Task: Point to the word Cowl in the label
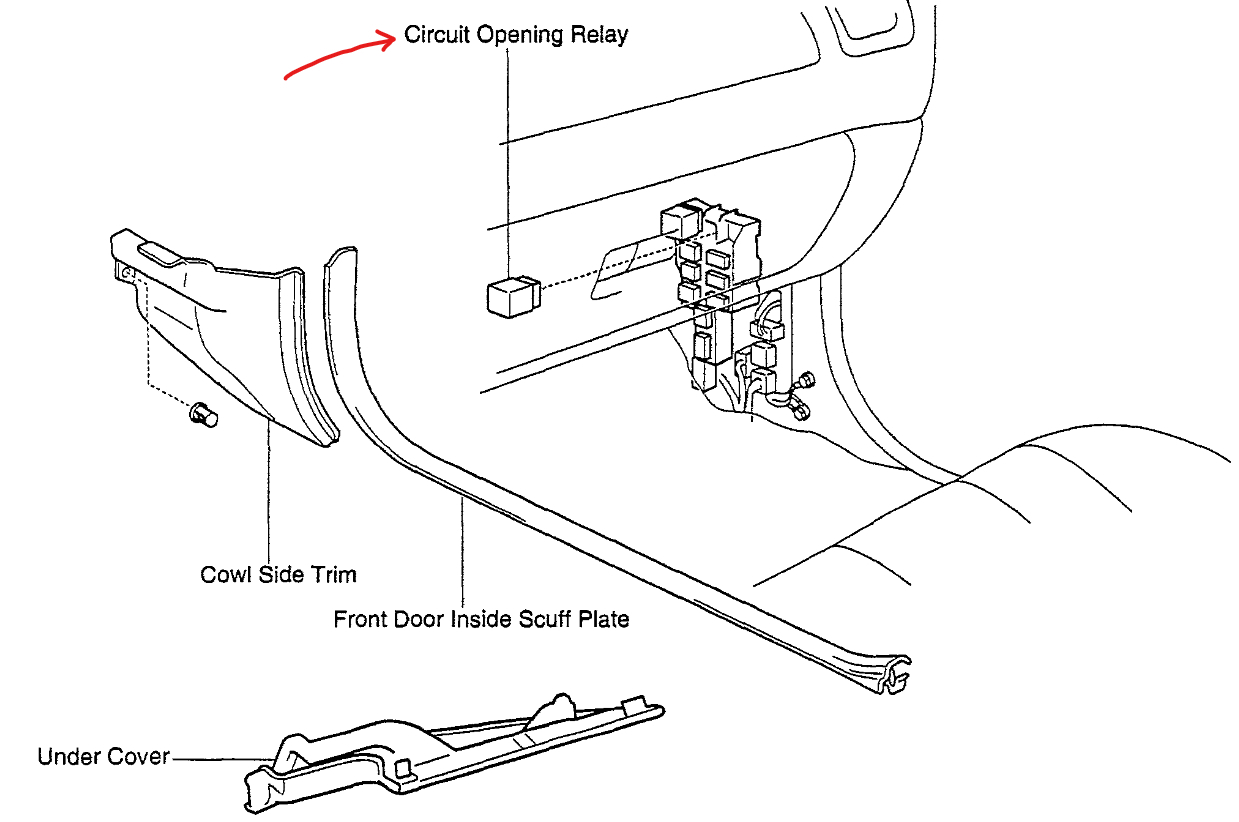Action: click(x=225, y=574)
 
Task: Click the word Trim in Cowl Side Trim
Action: click(x=332, y=574)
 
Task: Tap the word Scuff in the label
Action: click(x=546, y=619)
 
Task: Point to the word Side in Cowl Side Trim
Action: click(x=280, y=574)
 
